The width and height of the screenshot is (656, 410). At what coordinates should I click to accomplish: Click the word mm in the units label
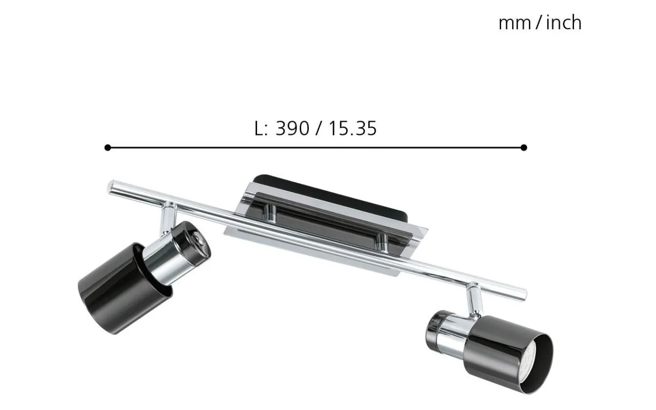click(x=514, y=23)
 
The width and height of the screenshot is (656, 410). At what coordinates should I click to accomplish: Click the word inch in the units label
click(x=564, y=23)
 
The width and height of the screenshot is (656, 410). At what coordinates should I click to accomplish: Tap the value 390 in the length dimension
click(x=292, y=128)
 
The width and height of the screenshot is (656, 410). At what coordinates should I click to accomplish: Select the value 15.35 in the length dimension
click(x=352, y=128)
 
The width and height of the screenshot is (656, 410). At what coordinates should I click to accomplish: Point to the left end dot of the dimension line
click(x=108, y=148)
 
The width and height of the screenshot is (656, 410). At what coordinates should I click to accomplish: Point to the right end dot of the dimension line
click(x=523, y=148)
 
